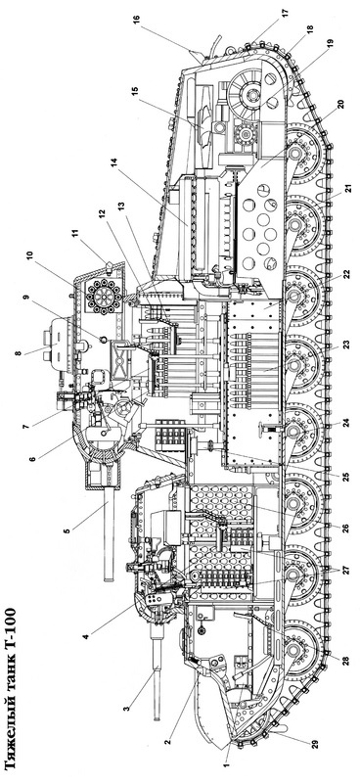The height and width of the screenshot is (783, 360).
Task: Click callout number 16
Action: pyautogui.click(x=136, y=21)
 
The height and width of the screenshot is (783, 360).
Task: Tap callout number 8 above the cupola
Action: pyautogui.click(x=18, y=353)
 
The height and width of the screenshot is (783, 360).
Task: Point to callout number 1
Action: pyautogui.click(x=226, y=764)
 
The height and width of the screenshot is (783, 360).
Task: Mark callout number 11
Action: pyautogui.click(x=75, y=233)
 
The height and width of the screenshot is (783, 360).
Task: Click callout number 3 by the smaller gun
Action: pyautogui.click(x=126, y=708)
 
